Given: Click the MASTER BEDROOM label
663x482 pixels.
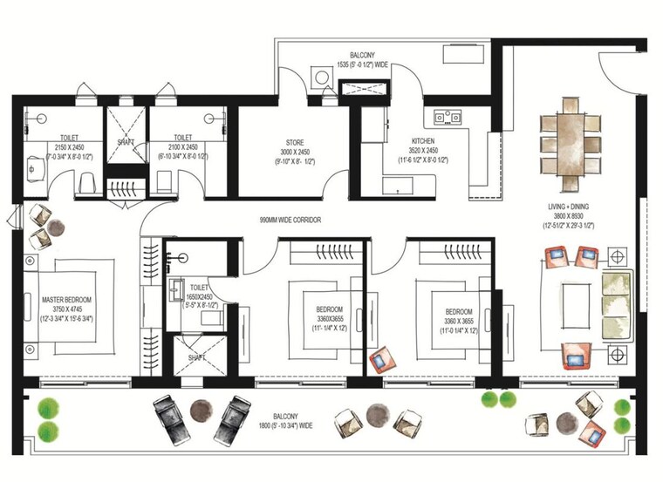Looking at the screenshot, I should click(x=66, y=301).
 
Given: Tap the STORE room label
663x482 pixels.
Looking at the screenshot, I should click(x=294, y=143).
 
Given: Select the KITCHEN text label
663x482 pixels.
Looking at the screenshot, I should click(x=424, y=140).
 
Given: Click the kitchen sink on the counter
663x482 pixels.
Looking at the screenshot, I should click(x=448, y=113).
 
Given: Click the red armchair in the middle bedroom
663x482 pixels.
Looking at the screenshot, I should click(x=380, y=360).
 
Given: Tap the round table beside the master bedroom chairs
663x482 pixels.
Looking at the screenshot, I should click(x=55, y=227).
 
